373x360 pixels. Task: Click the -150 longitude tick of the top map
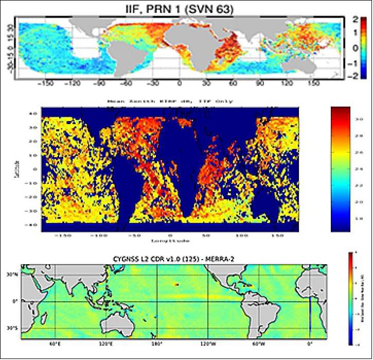click(46, 82)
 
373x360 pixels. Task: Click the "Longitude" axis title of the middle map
click(171, 241)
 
